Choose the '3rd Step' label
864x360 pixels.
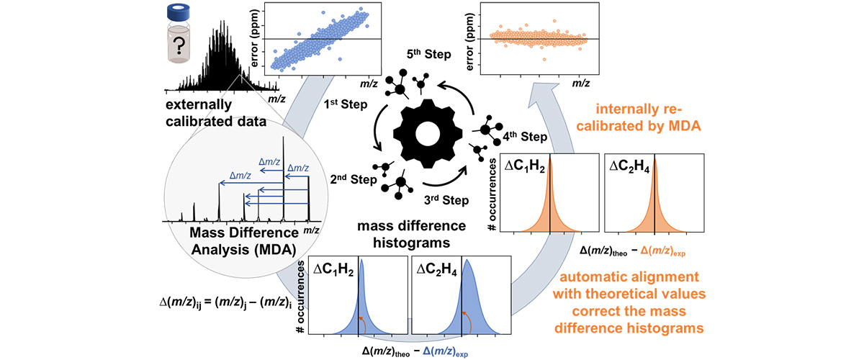click(433, 194)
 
